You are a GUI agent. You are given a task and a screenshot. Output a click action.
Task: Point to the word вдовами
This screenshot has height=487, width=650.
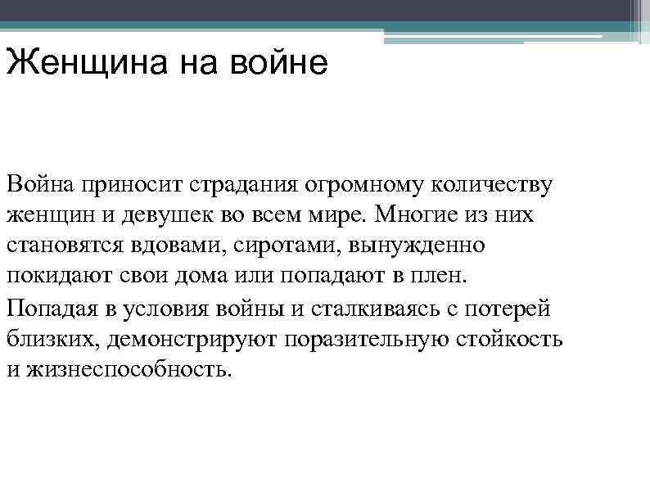tap(165, 245)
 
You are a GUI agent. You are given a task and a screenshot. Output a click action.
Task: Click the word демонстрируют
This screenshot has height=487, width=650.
tap(186, 340)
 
